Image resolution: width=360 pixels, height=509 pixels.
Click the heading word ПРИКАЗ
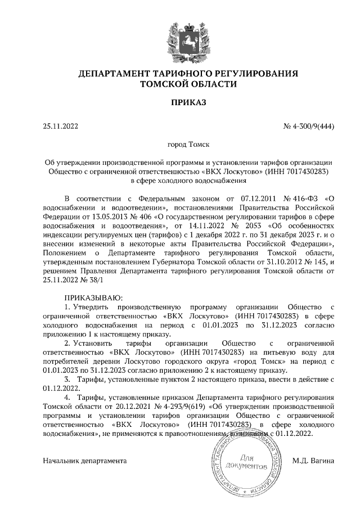pos(181,102)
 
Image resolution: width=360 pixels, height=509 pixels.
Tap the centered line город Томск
pos(181,145)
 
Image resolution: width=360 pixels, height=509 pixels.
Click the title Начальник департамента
pos(85,461)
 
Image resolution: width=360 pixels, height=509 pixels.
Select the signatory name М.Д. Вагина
pos(313,461)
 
